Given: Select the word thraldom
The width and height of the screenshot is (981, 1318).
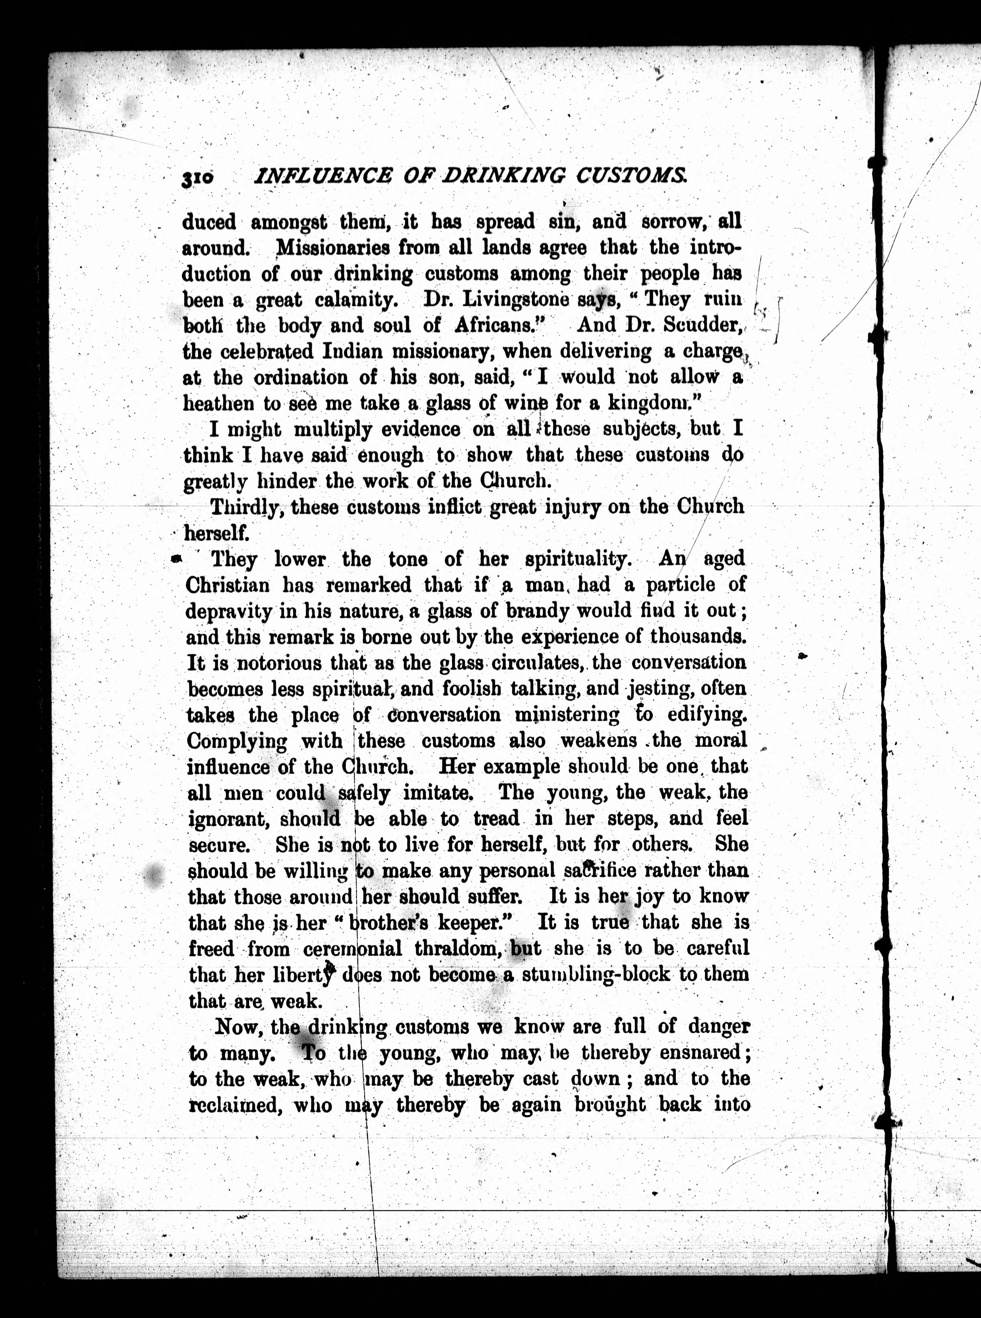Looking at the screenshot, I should point(455,948).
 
